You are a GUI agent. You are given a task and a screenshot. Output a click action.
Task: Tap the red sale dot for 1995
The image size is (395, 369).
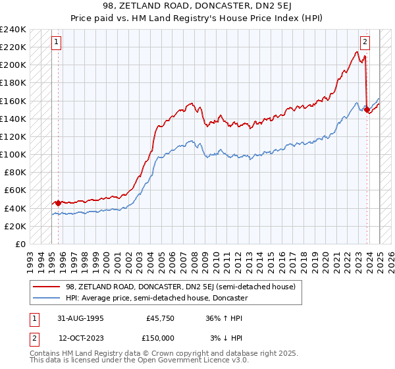58,203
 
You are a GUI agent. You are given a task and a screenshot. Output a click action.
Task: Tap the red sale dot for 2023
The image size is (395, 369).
367,110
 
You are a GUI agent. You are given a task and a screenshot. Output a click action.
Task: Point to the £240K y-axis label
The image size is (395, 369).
13,30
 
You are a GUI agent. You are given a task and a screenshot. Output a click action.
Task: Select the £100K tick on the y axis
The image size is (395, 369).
13,154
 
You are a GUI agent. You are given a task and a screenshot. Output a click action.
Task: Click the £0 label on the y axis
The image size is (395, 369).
21,244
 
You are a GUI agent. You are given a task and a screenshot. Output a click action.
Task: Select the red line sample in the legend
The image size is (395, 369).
47,287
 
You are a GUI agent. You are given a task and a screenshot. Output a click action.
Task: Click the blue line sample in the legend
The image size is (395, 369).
47,298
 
